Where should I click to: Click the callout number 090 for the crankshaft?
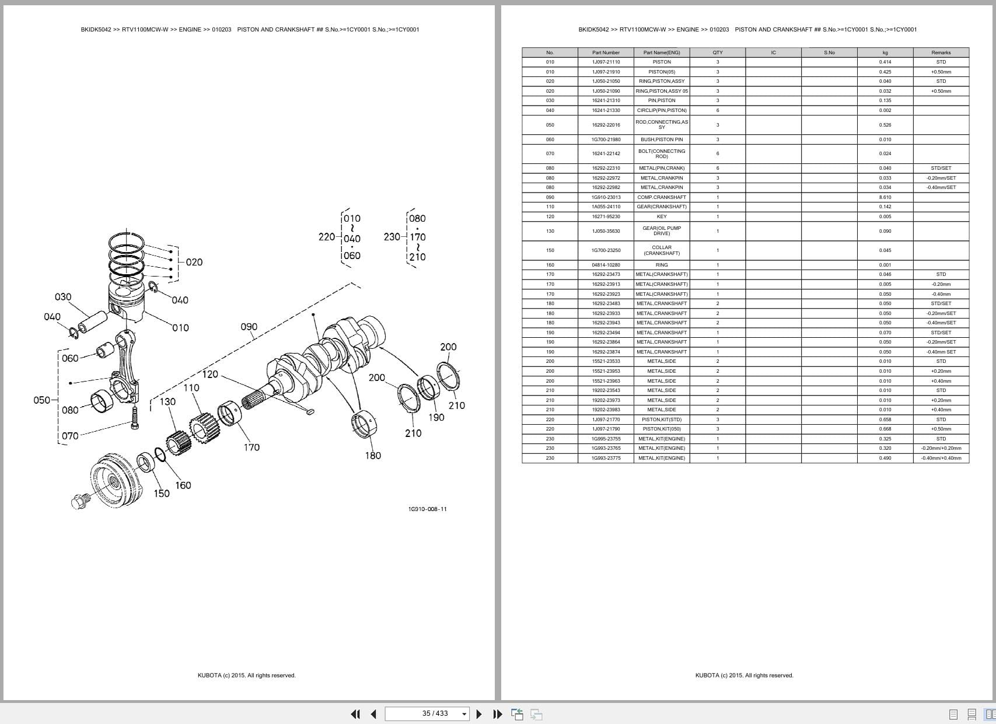(249, 327)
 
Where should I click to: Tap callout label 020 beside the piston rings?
(194, 263)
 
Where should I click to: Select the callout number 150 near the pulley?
(162, 494)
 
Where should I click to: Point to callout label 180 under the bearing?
(373, 456)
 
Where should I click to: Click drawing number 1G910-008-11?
(427, 509)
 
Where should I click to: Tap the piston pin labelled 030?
(93, 321)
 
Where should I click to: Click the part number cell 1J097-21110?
(606, 62)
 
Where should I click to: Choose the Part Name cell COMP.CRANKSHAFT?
(661, 197)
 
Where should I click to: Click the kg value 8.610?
(885, 197)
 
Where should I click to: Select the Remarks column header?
(941, 53)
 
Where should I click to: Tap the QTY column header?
(717, 53)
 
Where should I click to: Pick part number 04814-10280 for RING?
(606, 265)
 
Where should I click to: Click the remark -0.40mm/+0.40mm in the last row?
(941, 458)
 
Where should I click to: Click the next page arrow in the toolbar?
(479, 713)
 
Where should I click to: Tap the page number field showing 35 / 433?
(435, 713)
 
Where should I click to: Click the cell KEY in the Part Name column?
(661, 216)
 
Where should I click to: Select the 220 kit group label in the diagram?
(327, 237)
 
